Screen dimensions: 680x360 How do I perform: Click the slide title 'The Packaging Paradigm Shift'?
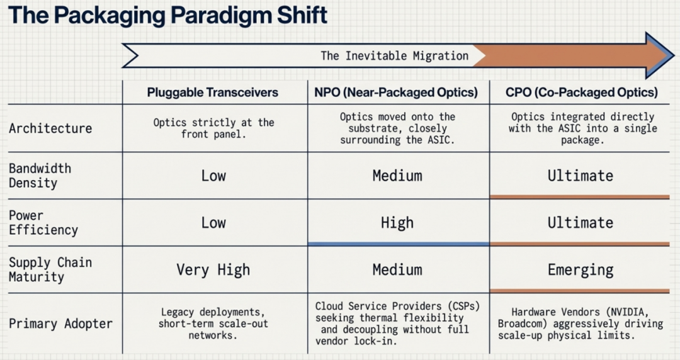coord(167,15)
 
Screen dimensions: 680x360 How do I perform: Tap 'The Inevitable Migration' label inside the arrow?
coord(395,56)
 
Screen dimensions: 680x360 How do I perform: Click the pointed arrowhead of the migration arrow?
coord(660,55)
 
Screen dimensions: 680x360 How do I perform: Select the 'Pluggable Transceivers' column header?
coord(213,93)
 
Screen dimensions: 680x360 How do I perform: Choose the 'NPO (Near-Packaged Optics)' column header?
coord(396,93)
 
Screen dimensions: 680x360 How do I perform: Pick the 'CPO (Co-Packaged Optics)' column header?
coord(582,93)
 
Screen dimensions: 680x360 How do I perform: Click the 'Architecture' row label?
coord(50,128)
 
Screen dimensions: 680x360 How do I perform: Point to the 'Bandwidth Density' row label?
coord(40,176)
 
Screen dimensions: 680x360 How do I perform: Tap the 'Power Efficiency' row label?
coord(43,223)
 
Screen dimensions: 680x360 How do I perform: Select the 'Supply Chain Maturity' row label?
coord(50,269)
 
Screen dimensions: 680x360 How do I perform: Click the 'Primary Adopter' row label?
coord(60,323)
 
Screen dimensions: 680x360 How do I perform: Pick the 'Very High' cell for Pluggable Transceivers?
coord(213,270)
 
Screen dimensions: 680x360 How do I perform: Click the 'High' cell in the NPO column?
coord(397,223)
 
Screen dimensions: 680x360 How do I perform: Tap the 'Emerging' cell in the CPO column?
coord(581,270)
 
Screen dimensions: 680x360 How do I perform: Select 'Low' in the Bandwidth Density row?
coord(213,176)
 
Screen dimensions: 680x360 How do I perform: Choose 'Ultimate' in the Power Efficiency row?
coord(581,223)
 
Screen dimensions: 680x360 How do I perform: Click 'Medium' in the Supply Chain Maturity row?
coord(397,270)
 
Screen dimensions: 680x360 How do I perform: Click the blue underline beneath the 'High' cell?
coord(399,244)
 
